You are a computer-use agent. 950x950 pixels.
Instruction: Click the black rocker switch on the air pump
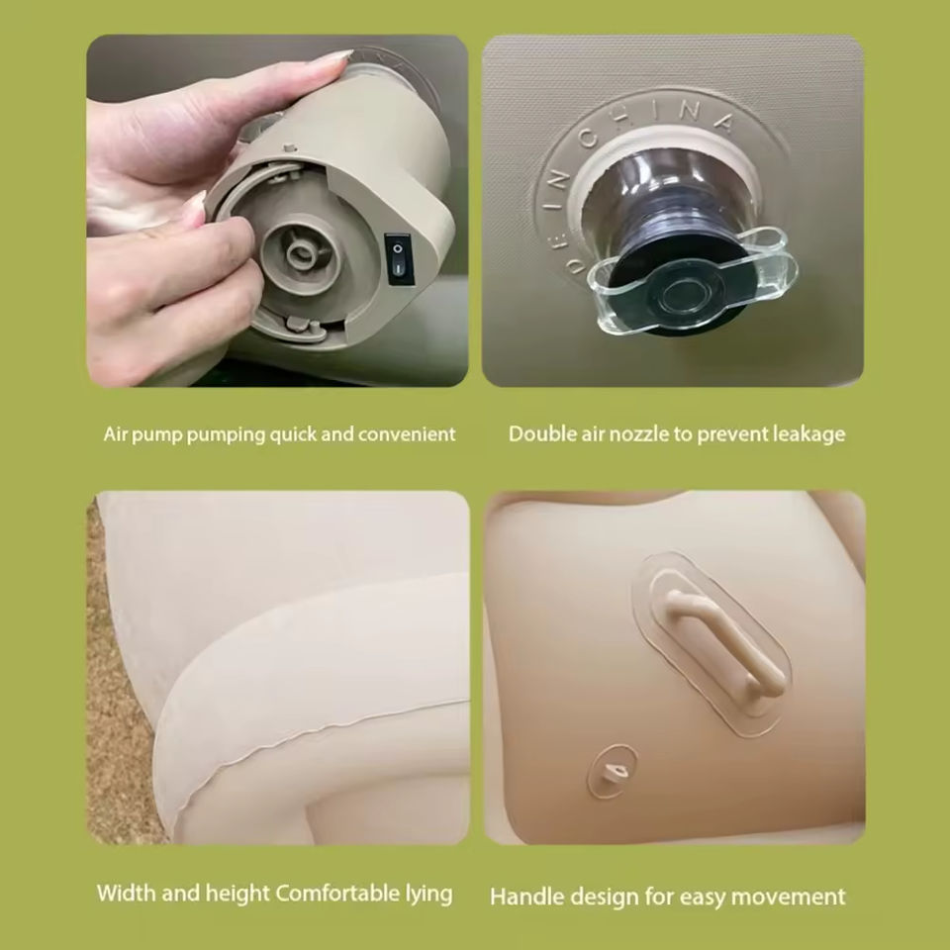[x=400, y=260]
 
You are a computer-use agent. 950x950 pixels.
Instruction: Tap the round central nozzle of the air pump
[x=301, y=252]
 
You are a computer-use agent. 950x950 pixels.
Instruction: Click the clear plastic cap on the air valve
[x=693, y=282]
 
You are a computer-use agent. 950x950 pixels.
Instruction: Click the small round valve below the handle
[x=612, y=770]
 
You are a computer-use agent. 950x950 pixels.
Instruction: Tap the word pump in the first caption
[x=156, y=435]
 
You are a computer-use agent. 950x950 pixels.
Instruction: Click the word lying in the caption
[x=428, y=895]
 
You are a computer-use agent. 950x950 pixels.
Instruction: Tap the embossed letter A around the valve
[x=722, y=123]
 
